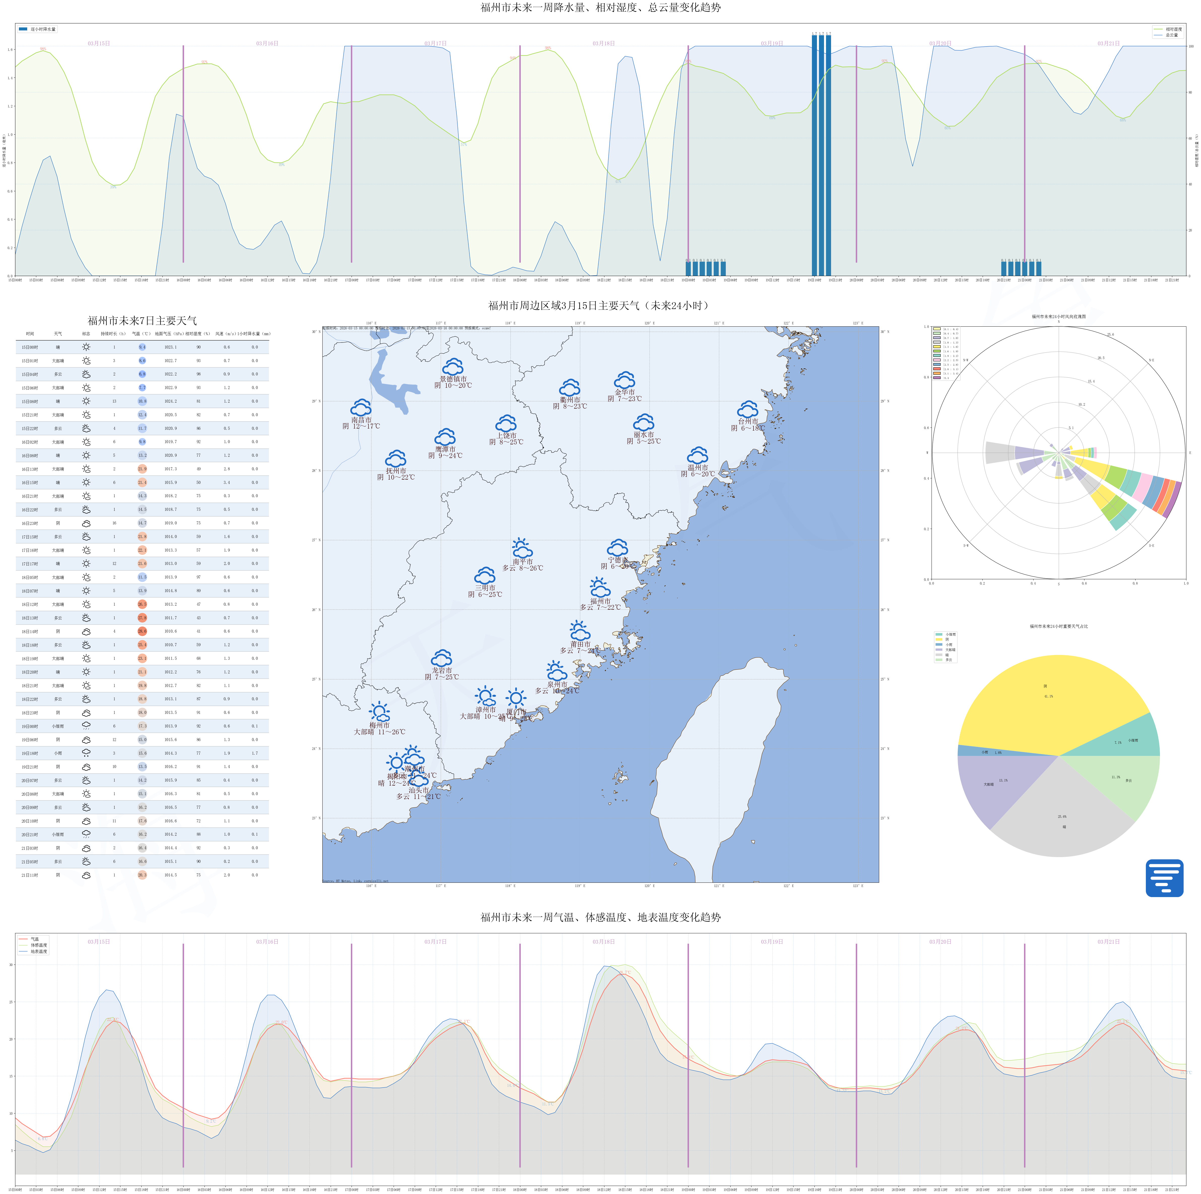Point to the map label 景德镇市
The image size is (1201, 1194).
pos(453,379)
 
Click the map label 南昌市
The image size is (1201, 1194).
pos(361,420)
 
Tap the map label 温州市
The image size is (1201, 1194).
pos(698,467)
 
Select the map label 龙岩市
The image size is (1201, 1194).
pos(441,670)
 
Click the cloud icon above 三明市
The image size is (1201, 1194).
pos(485,575)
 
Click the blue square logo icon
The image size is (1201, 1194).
pos(1164,878)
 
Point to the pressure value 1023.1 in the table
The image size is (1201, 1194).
pos(170,347)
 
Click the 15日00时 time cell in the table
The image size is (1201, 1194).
pos(30,347)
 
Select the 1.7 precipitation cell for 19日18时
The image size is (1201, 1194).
pos(255,753)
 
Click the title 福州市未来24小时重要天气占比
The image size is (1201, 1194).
pos(1059,626)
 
